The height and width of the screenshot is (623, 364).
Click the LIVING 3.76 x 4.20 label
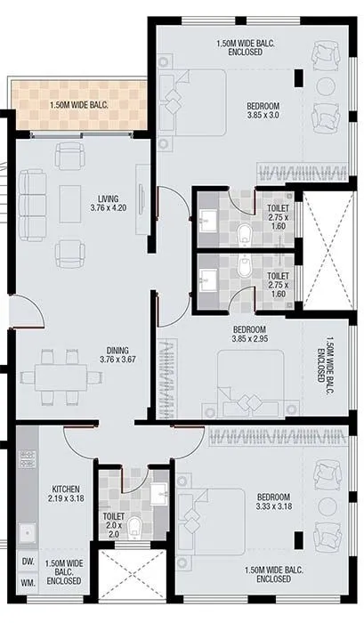coord(104,202)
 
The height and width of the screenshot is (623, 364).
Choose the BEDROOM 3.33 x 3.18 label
coord(273,502)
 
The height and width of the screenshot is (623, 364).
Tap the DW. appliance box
coord(27,562)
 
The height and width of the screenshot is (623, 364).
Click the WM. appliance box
coord(27,582)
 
